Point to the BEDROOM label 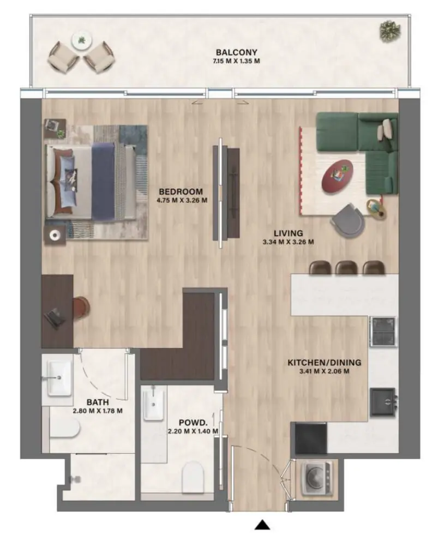point(181,191)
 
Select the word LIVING point(288,233)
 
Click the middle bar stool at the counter point(346,267)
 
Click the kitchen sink point(383,402)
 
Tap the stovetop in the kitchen point(383,330)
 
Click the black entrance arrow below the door point(263,525)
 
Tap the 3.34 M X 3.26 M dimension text point(288,242)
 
